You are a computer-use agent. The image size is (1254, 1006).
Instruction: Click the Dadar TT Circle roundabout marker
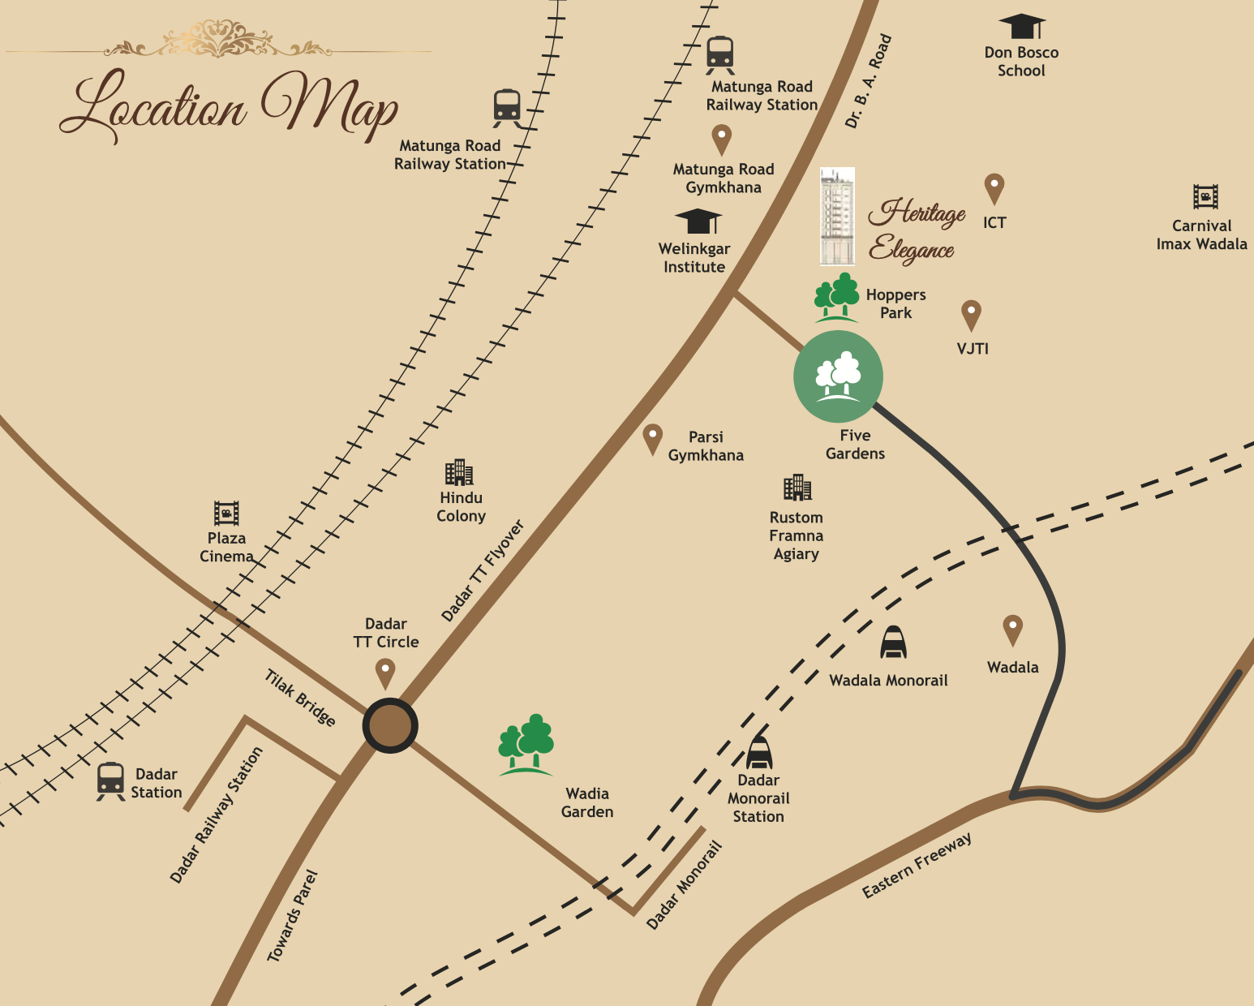pos(390,725)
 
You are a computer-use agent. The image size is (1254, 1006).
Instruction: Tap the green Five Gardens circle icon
pos(838,376)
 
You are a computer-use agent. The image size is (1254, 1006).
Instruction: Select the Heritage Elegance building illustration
pos(837,217)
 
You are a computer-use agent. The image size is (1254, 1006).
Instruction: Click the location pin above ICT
pos(994,188)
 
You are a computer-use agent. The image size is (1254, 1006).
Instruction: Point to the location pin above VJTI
pos(971,315)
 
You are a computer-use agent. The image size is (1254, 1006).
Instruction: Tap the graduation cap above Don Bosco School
pos(1022,26)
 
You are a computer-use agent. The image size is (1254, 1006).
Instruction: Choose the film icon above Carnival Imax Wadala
pos(1205,196)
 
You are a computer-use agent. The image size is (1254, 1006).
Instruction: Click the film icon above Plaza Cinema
pos(226,513)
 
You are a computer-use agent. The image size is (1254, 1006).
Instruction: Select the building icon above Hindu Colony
pos(458,472)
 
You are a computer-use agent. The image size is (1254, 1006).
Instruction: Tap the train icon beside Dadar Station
pos(110,780)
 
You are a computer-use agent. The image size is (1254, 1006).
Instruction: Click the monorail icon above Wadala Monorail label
pos(893,643)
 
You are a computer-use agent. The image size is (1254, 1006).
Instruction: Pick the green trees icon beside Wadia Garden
pos(526,744)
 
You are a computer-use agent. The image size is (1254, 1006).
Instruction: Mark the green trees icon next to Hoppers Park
pos(836,296)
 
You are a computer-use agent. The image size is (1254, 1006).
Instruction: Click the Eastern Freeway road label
pos(917,866)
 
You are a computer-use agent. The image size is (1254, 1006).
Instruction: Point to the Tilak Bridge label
pos(300,698)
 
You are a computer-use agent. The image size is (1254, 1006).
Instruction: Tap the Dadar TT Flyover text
pos(483,570)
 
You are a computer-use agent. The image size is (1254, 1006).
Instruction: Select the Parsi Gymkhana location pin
pos(652,439)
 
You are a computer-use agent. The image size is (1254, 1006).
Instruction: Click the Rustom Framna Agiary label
pos(797,535)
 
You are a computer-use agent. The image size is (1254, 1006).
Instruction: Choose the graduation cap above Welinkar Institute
pos(698,221)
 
